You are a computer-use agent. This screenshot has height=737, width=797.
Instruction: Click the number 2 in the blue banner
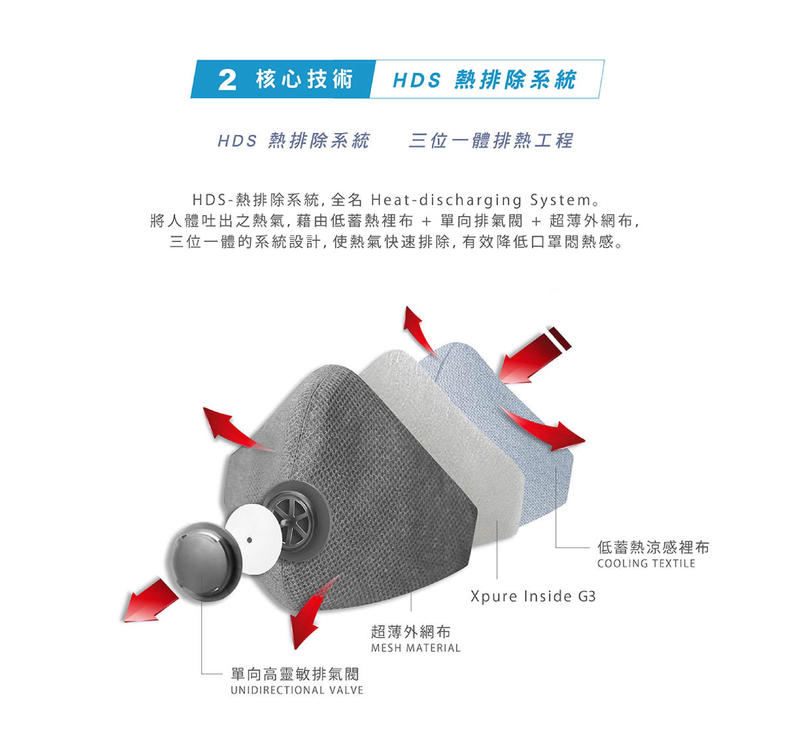tap(227, 80)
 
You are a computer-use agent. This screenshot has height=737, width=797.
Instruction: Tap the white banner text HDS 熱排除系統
tap(485, 79)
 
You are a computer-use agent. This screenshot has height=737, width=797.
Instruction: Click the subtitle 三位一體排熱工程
tap(491, 141)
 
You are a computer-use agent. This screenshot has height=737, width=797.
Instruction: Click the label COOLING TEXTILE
tap(646, 563)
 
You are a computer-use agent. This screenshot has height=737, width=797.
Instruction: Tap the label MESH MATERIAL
tap(416, 648)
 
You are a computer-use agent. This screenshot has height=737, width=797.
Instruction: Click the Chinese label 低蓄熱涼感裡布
tap(653, 547)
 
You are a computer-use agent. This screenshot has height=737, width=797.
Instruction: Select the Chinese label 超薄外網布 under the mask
tap(411, 632)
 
